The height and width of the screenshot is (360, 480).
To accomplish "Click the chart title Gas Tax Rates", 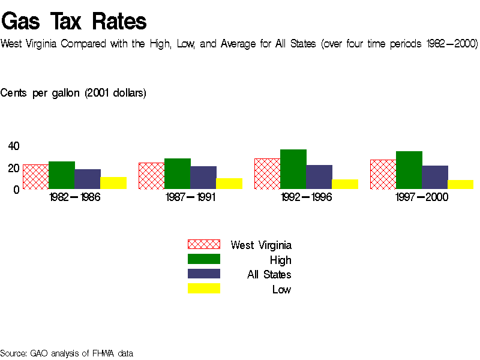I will point(74,22).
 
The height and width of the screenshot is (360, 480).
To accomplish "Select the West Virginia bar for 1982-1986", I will point(35,177).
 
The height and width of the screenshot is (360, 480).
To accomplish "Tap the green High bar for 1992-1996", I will point(293,169).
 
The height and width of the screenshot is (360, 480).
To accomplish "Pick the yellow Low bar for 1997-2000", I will point(460,184).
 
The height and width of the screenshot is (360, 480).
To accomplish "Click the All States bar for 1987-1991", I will point(203,178).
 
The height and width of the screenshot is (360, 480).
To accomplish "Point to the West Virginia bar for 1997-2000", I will point(383,175).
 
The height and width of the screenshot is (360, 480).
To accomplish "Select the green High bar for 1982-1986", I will point(62,175).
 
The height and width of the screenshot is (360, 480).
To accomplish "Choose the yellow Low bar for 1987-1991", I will point(229,184).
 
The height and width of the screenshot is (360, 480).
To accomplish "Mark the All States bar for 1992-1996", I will point(319,177).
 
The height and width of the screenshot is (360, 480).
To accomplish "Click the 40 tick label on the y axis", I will point(14,146).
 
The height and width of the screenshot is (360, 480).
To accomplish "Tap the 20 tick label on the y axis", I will point(14,168).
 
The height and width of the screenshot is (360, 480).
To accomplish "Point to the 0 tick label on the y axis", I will point(17,190).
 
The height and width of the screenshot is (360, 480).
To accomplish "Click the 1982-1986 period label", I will point(75,198).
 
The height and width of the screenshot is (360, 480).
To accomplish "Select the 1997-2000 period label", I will point(422,198).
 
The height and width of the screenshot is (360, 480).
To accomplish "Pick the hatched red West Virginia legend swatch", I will point(204,244).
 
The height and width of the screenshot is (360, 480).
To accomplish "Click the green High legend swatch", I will point(204,259).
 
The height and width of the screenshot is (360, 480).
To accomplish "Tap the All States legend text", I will point(269,275).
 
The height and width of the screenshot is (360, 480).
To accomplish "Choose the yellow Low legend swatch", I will point(204,289).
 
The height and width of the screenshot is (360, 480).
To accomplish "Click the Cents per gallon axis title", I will point(73,93).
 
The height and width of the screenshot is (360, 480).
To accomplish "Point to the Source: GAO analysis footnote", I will point(67,353).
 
